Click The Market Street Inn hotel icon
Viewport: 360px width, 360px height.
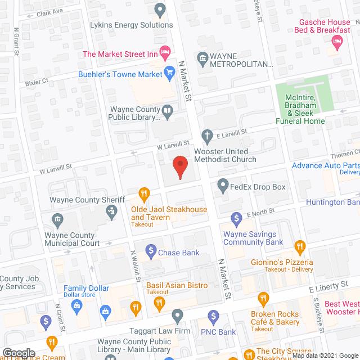(165, 54)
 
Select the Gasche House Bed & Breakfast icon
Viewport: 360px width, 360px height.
(337, 40)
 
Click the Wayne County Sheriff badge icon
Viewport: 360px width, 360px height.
(111, 211)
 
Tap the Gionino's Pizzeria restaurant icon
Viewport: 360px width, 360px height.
(300, 246)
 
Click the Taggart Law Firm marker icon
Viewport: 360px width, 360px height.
(178, 314)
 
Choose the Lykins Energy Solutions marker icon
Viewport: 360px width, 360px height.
(160, 9)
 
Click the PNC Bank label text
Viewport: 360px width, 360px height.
(219, 332)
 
